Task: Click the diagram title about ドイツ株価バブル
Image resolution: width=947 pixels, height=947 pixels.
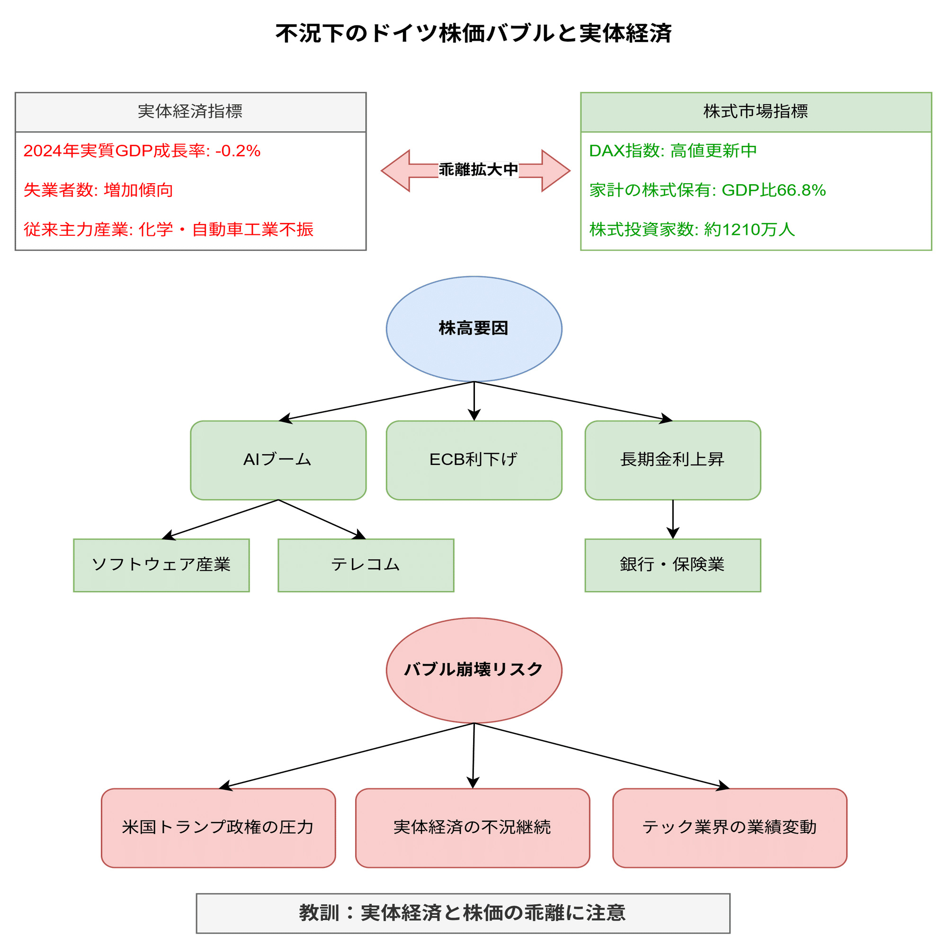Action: (473, 33)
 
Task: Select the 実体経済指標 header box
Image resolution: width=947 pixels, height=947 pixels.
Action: (191, 112)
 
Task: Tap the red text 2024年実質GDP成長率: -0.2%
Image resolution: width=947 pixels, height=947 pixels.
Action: (142, 151)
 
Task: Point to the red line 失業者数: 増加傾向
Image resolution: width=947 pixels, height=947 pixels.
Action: (98, 190)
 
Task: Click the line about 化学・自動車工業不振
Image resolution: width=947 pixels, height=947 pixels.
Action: (169, 229)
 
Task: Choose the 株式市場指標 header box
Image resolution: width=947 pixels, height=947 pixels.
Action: (755, 112)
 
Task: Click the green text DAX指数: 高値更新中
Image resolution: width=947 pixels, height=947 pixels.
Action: (673, 151)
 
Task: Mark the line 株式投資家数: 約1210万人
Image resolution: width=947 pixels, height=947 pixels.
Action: (692, 229)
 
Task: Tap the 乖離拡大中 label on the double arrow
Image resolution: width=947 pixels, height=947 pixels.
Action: (478, 170)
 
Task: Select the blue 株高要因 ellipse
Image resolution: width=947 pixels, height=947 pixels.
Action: (473, 329)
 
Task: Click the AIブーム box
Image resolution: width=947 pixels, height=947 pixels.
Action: (278, 460)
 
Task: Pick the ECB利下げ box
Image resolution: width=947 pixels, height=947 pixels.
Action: (473, 460)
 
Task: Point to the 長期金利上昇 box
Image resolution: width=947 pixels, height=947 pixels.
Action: (672, 460)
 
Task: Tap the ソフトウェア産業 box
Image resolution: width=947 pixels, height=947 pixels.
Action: (161, 565)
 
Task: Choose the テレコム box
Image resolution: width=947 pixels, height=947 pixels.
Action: (366, 565)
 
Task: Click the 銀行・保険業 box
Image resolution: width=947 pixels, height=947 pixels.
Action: (672, 565)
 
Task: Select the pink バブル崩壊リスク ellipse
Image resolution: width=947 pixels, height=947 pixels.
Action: (473, 670)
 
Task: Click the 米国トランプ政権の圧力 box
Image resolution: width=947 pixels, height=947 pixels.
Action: (218, 827)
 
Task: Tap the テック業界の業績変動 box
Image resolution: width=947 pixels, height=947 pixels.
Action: (729, 827)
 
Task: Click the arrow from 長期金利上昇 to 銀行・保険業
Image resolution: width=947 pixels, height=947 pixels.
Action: (672, 518)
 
